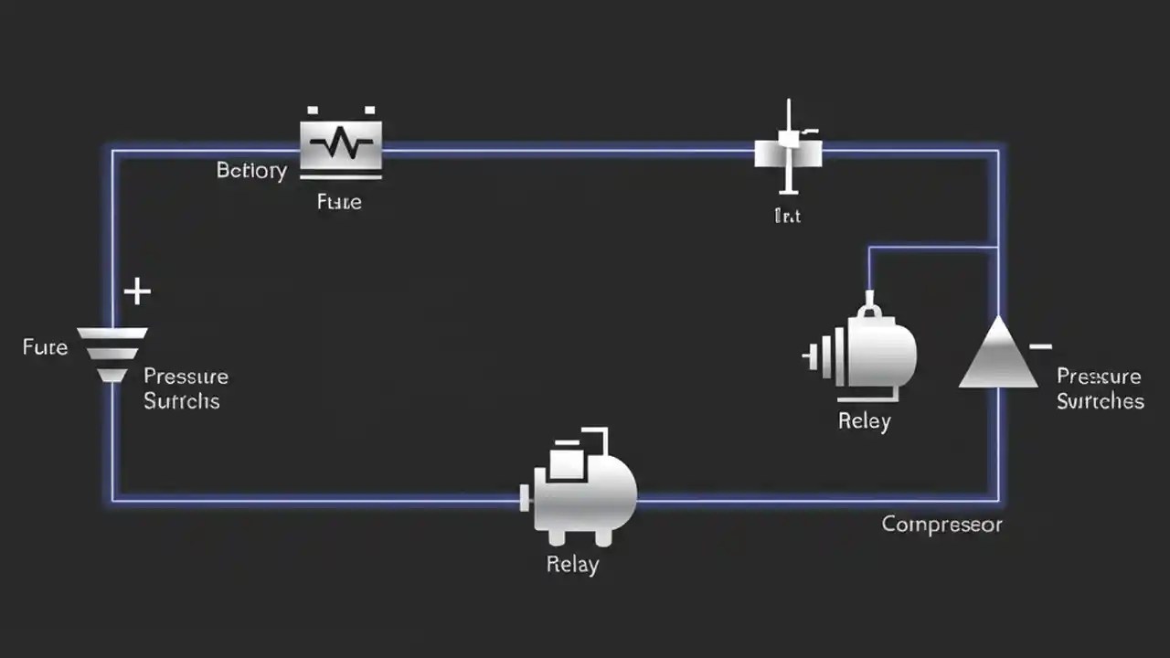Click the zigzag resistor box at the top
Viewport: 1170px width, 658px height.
point(341,143)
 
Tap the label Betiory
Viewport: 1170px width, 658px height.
point(251,171)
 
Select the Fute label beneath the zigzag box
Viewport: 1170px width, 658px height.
point(339,202)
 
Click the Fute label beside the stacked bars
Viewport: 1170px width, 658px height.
point(45,347)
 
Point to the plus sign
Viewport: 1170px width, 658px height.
point(137,292)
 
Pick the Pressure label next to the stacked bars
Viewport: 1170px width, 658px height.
point(186,377)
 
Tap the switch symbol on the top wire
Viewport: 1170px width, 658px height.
point(787,149)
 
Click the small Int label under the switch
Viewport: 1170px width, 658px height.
point(787,217)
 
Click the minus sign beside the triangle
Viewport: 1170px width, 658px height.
point(1040,346)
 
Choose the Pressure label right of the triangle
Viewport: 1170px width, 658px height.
point(1098,377)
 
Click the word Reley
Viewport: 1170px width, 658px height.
point(864,421)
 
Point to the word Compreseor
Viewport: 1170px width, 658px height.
point(941,525)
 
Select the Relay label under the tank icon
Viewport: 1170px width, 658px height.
point(572,564)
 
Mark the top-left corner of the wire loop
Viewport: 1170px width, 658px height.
point(113,151)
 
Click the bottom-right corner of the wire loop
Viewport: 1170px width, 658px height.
point(997,500)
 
